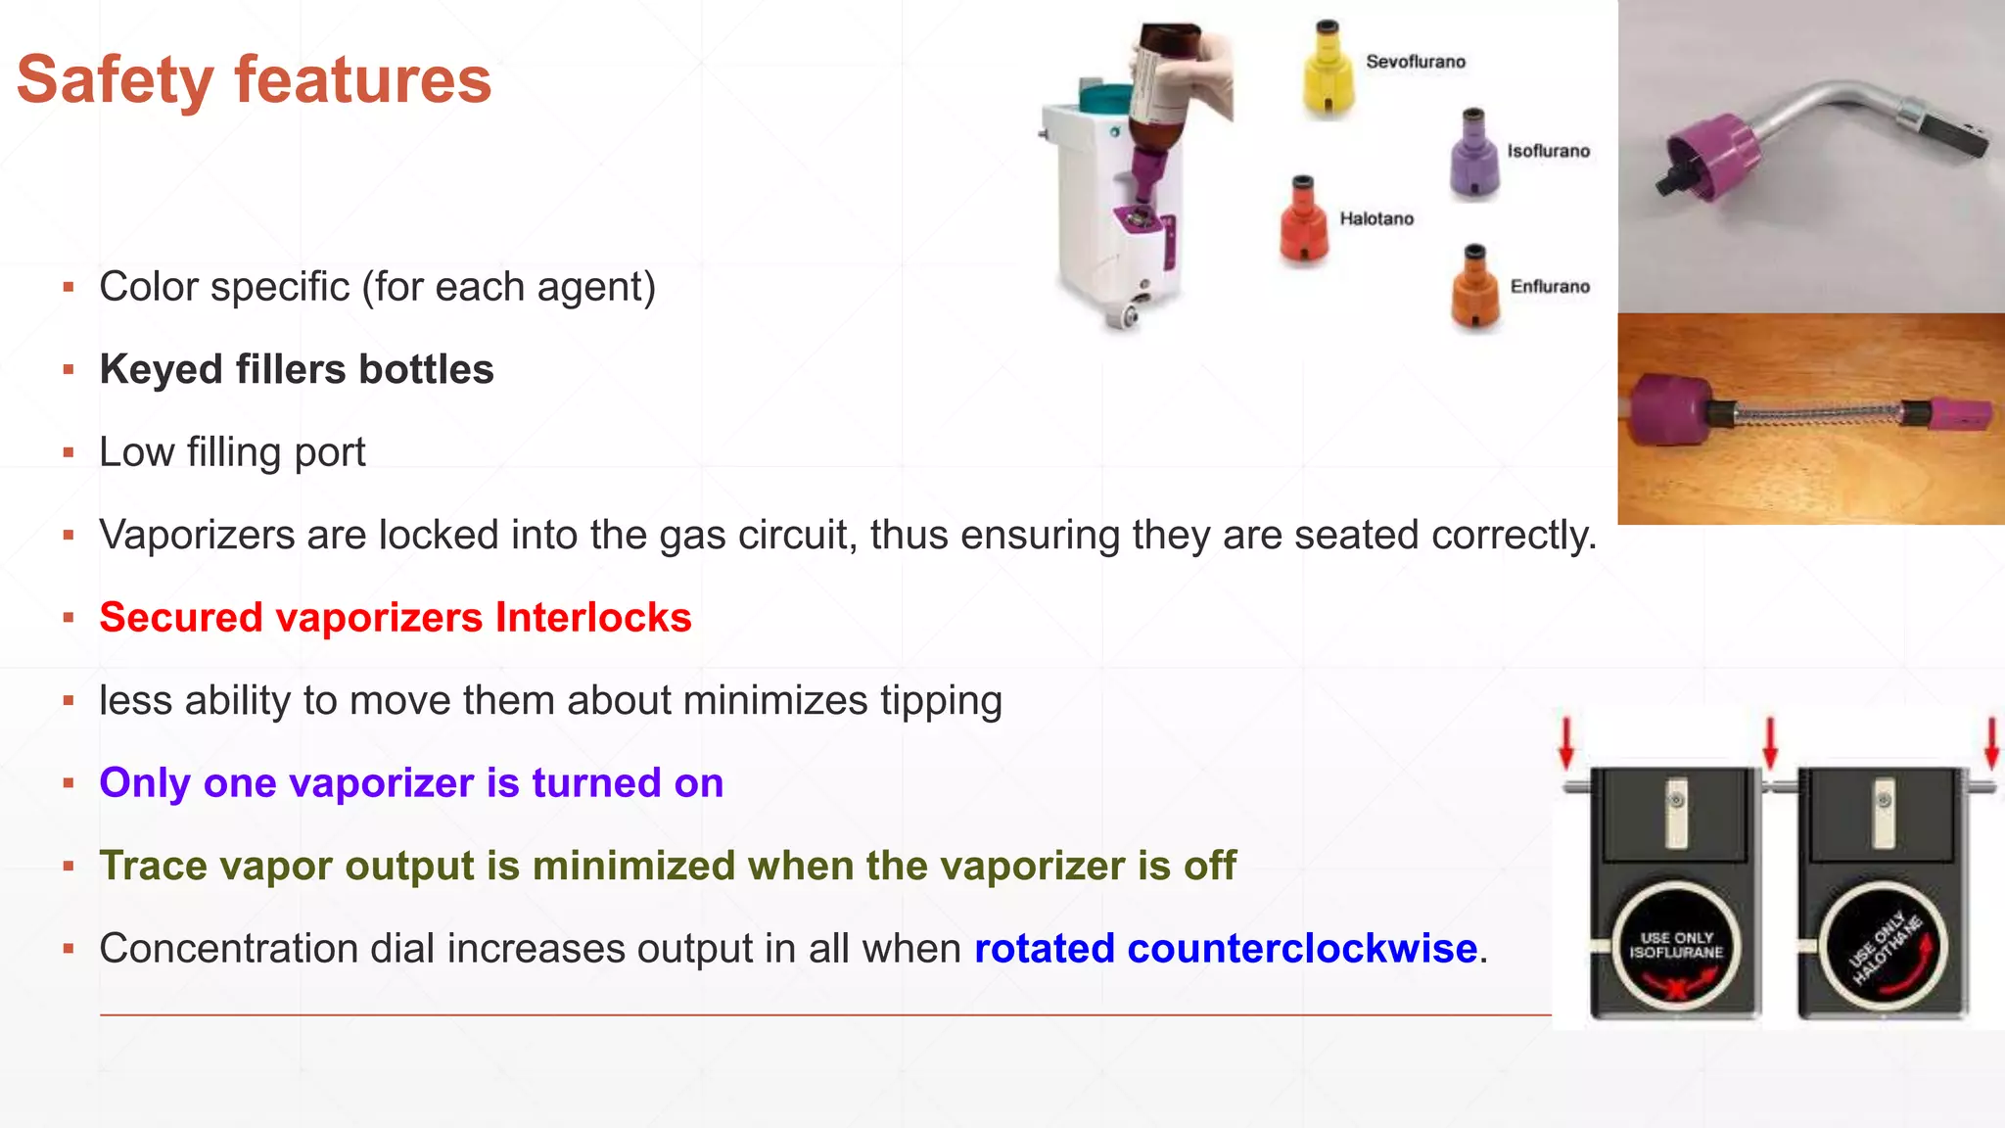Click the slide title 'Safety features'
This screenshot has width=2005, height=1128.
(254, 80)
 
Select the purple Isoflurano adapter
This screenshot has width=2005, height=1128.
(1473, 157)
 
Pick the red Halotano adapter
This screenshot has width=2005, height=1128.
(1303, 224)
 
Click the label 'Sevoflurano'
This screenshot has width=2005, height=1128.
(1416, 62)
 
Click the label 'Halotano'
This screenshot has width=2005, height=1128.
(1376, 219)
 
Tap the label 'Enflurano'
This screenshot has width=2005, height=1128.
(1550, 287)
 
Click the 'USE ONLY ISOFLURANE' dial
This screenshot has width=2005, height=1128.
(1676, 945)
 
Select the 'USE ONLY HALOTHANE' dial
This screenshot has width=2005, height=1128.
(1885, 946)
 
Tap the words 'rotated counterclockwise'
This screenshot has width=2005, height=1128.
(1226, 949)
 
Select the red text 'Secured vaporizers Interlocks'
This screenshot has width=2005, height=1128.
(396, 618)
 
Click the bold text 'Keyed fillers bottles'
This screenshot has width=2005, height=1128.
(297, 370)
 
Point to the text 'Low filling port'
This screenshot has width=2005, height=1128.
(232, 452)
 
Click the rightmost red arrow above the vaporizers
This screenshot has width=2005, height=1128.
(1991, 742)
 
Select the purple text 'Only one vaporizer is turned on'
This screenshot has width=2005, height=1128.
(411, 783)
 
